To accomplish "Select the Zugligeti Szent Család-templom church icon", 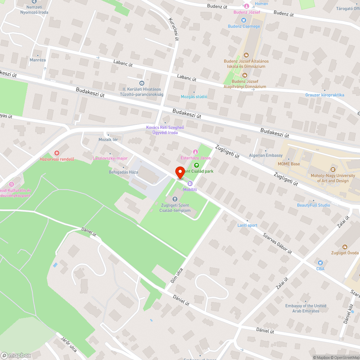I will coord(175,199).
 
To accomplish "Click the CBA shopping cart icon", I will coord(320,262).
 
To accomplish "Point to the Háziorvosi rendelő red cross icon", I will coord(57,153).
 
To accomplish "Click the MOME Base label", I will coord(289,164).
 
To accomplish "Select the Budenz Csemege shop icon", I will coord(244,20).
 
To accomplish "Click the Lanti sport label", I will coord(247,225).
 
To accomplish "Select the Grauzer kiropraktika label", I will coord(325,95).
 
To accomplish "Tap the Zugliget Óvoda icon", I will coord(345,247).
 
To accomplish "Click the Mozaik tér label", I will coord(108,139).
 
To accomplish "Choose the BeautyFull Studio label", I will coord(313,205).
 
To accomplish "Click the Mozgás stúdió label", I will coord(194,96).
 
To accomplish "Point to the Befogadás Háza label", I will coord(123,172).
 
